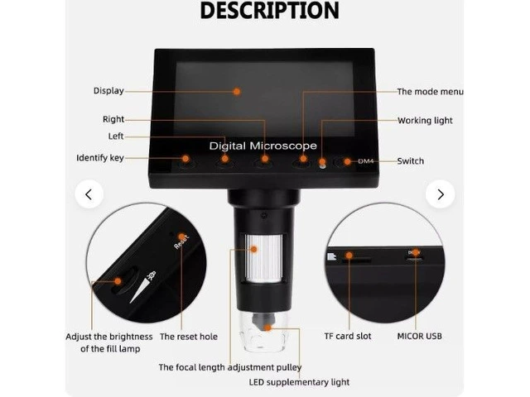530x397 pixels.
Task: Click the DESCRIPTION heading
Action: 269,10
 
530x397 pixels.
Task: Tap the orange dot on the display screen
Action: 237,92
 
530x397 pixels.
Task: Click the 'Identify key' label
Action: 100,158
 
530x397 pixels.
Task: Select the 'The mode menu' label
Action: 430,92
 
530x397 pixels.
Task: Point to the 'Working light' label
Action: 425,121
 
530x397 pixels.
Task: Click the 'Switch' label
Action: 411,161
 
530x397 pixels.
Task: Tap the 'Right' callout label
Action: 113,119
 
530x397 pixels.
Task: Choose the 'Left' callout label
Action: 116,136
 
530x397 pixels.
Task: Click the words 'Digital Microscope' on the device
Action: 263,146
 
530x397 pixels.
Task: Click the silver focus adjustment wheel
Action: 264,258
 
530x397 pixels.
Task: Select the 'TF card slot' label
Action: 348,337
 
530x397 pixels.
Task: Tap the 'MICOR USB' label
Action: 420,337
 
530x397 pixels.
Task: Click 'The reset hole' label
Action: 189,337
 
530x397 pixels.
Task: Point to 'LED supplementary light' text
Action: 299,382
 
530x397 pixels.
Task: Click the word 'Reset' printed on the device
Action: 181,242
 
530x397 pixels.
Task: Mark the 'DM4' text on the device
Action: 366,161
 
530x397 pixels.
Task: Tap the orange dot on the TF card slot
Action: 349,256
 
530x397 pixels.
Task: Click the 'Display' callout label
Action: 108,91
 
